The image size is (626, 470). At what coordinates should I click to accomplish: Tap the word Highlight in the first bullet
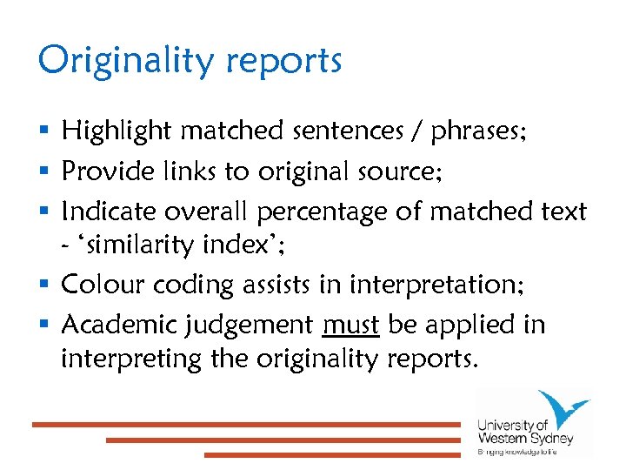click(x=116, y=132)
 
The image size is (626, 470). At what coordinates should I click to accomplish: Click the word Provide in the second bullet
click(x=100, y=171)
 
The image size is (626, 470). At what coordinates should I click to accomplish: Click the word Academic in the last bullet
click(x=116, y=326)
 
